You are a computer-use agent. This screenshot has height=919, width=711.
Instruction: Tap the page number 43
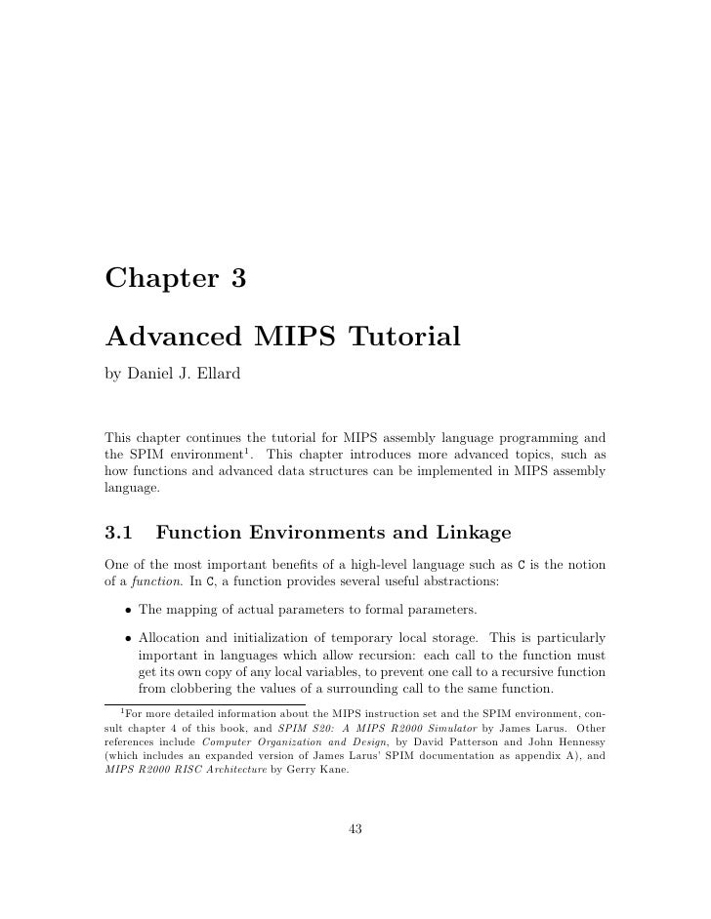(355, 829)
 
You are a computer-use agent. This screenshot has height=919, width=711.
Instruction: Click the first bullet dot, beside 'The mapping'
(127, 611)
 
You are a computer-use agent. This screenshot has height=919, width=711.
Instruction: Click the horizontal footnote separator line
(204, 704)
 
